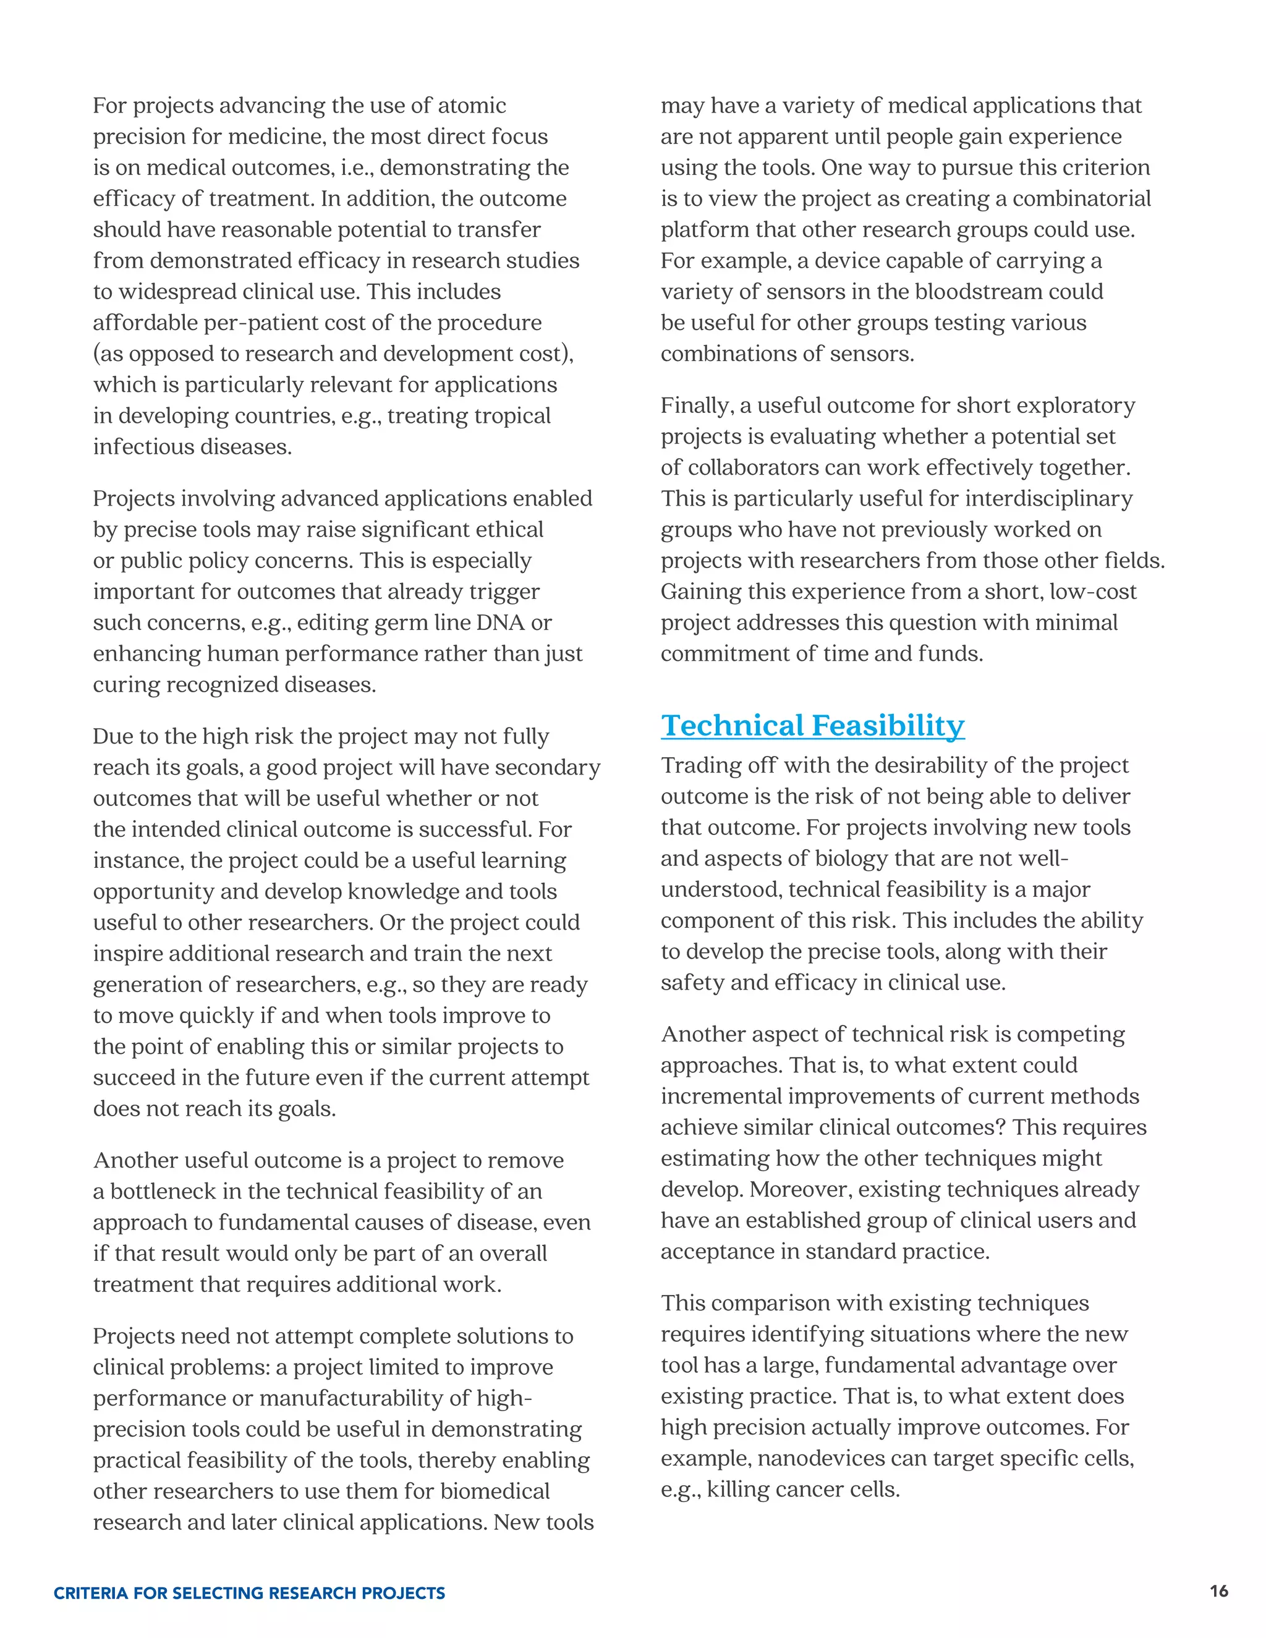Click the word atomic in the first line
[472, 106]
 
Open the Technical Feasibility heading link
[812, 726]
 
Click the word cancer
[809, 1490]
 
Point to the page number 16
[1219, 1592]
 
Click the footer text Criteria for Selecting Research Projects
[249, 1593]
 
